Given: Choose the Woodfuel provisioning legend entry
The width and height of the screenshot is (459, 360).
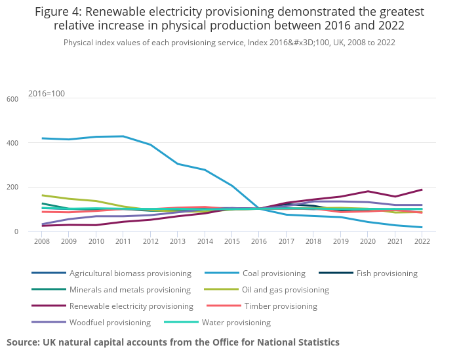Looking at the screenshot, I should pos(110,323).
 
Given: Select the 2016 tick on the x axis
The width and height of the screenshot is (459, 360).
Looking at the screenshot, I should pos(260,241).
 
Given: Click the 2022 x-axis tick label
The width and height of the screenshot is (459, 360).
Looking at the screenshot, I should pos(422,241).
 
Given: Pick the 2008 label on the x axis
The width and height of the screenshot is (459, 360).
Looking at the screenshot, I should pos(43,241).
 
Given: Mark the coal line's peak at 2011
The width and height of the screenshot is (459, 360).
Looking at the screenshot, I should pos(123,136).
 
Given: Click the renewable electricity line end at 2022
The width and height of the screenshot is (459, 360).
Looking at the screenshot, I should pos(422,190).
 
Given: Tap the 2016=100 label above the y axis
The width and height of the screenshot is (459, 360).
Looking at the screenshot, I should pos(47,94).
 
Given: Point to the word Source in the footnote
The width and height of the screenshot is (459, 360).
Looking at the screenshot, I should pos(22,342).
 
